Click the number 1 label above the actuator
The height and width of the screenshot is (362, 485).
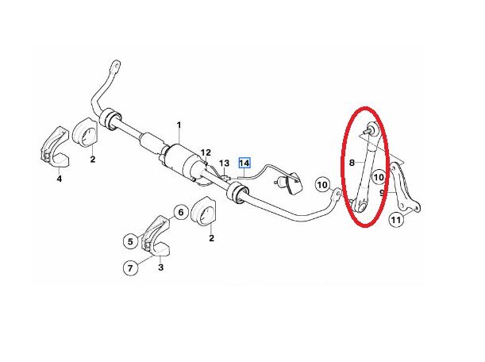click(179, 125)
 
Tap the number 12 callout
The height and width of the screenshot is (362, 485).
click(206, 152)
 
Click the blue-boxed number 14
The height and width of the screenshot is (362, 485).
click(244, 163)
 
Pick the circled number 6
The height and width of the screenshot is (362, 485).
click(130, 239)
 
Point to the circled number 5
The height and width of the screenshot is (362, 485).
click(180, 212)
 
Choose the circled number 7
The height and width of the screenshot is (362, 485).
click(130, 268)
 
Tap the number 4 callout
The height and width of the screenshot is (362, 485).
click(60, 180)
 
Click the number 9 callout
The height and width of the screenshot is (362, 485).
click(383, 191)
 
